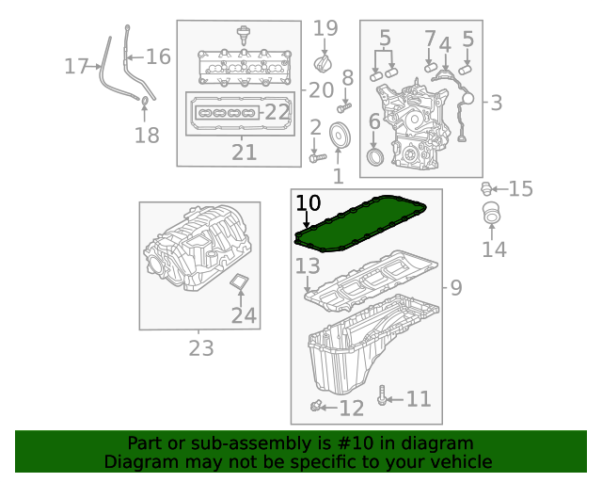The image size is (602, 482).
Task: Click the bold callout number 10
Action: pyautogui.click(x=309, y=203)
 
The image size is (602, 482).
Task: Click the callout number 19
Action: pyautogui.click(x=325, y=29)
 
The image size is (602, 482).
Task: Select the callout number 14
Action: pyautogui.click(x=494, y=249)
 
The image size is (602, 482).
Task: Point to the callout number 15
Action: pyautogui.click(x=520, y=189)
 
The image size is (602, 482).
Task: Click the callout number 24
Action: pyautogui.click(x=244, y=316)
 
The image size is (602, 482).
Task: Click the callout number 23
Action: pyautogui.click(x=201, y=349)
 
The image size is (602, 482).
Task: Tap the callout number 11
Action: pyautogui.click(x=418, y=399)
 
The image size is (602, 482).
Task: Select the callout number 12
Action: pyautogui.click(x=351, y=408)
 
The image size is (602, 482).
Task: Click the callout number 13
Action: pyautogui.click(x=308, y=267)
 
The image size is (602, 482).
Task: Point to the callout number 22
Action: pyautogui.click(x=277, y=111)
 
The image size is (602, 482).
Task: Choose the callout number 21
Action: pyautogui.click(x=244, y=153)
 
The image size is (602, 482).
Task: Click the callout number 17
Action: pyautogui.click(x=76, y=66)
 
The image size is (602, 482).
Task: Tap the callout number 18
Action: pyautogui.click(x=147, y=136)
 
